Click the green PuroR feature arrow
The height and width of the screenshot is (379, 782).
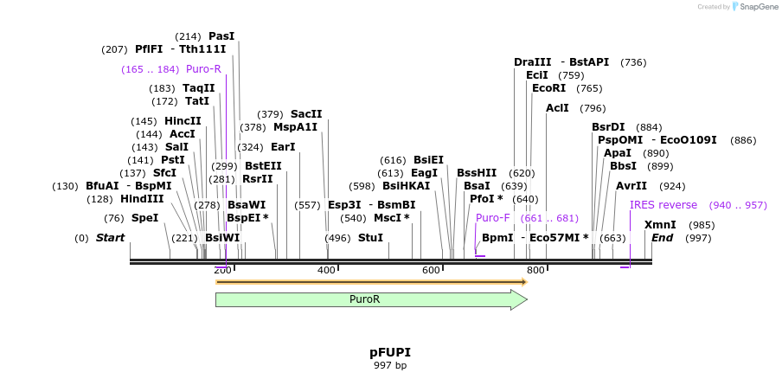click(370, 299)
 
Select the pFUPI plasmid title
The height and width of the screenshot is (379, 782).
click(390, 352)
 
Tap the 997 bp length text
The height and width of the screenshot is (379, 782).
click(390, 365)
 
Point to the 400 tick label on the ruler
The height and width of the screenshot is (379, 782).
click(327, 271)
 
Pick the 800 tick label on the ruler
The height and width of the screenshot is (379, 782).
click(535, 271)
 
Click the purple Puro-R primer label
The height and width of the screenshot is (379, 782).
click(203, 69)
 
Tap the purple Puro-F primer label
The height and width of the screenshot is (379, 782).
click(493, 218)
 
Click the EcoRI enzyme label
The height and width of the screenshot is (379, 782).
click(548, 88)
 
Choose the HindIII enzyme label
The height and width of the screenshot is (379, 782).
click(142, 199)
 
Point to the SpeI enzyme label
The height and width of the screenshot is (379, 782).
click(144, 218)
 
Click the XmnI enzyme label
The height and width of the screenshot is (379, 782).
click(660, 225)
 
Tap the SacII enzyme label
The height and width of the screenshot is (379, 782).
click(306, 114)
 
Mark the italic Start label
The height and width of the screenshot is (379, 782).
click(110, 238)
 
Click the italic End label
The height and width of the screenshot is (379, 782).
click(662, 238)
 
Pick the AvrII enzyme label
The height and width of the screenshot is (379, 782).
click(631, 186)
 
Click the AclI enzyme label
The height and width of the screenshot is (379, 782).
click(558, 108)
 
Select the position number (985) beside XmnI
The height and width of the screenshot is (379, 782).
click(702, 225)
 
